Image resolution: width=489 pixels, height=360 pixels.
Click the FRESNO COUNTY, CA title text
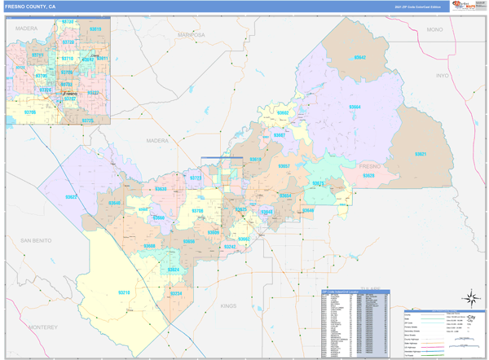[x=31, y=6]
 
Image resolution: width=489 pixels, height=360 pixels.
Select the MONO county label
[x=434, y=29]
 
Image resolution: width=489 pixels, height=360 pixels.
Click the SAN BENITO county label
[x=36, y=242]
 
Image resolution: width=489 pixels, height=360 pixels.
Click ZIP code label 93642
[x=359, y=58]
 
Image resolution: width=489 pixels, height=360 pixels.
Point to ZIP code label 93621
[x=421, y=154]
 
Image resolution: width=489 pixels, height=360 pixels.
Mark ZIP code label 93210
[x=125, y=292]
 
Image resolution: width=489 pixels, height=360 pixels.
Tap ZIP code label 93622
[x=71, y=197]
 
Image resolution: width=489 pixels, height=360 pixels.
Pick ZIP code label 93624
[x=173, y=270]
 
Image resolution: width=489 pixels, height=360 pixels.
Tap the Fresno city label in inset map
[x=70, y=94]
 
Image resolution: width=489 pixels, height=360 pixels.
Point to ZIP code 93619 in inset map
[x=95, y=29]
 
